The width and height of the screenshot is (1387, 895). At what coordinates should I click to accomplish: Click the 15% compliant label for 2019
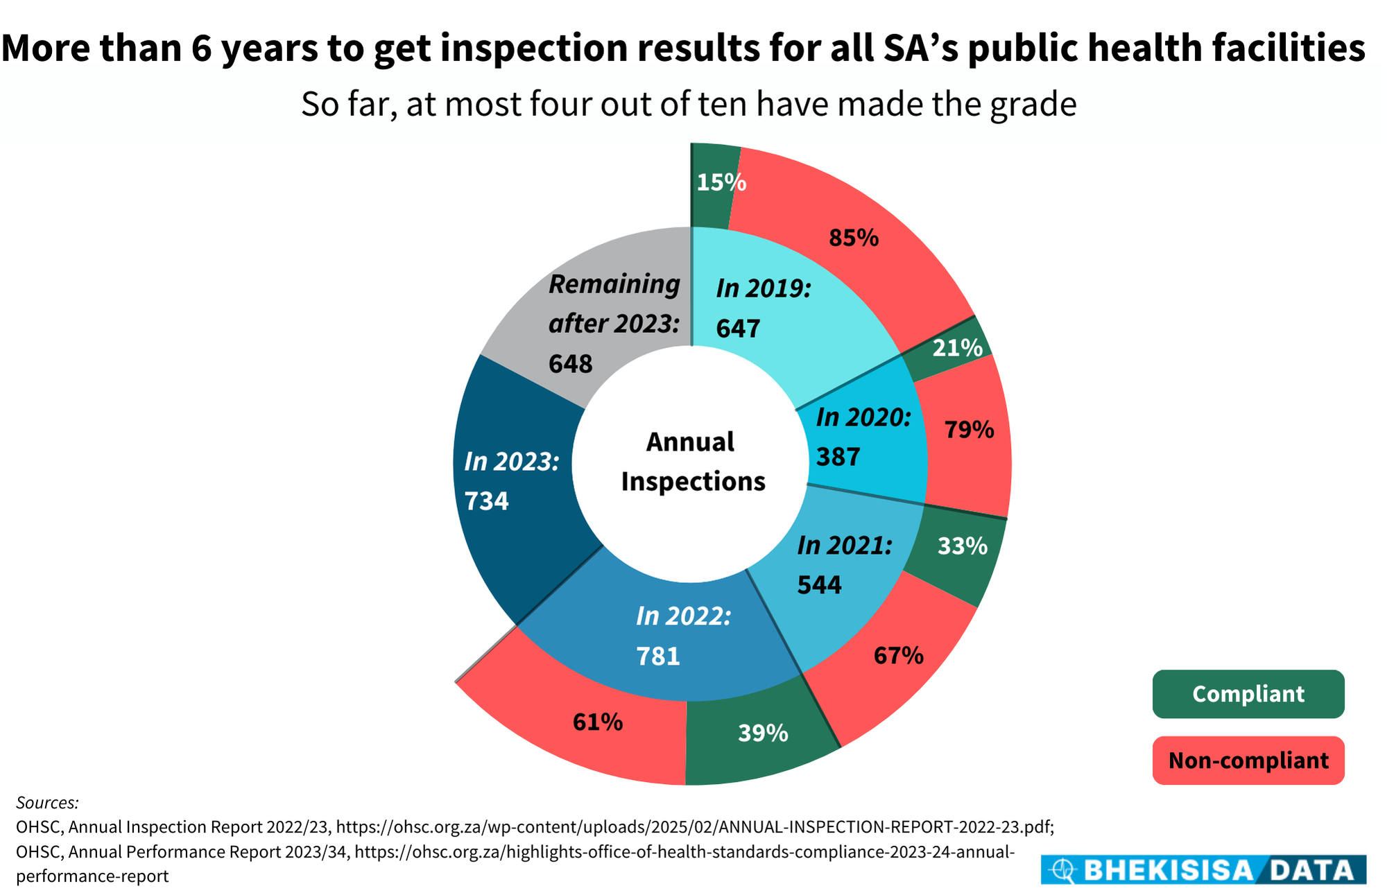tap(721, 182)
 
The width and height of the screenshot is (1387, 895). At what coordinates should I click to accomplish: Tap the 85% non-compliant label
tap(854, 238)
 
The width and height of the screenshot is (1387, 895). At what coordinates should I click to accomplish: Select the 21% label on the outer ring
tap(957, 347)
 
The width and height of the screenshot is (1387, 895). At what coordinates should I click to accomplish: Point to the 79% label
tap(969, 430)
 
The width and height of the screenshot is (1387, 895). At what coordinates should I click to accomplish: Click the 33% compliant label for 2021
tap(962, 546)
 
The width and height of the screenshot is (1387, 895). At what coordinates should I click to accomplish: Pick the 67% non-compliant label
tap(898, 655)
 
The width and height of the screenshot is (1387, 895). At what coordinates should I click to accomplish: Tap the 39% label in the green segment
tap(763, 733)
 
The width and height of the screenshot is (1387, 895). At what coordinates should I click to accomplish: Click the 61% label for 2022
tap(598, 722)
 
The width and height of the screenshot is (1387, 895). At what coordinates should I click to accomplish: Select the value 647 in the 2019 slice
tap(738, 328)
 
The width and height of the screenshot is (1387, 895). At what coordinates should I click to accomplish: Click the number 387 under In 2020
tap(838, 457)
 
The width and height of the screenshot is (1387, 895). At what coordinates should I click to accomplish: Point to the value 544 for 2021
tap(819, 585)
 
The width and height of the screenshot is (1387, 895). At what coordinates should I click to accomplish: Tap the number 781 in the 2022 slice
tap(658, 656)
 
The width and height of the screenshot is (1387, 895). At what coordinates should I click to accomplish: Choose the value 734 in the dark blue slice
tap(486, 501)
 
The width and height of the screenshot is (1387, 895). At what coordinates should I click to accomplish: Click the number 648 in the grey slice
tap(571, 363)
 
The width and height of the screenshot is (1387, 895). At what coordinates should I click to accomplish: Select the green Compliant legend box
tap(1248, 694)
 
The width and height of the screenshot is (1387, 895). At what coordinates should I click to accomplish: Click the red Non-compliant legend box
tap(1248, 761)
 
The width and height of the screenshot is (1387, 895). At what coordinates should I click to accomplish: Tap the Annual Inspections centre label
tap(692, 461)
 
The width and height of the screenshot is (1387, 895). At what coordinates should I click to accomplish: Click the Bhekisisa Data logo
tap(1203, 869)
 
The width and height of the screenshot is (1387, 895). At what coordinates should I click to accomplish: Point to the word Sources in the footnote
tap(47, 803)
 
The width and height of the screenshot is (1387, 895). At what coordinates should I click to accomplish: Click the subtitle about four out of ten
tap(688, 105)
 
